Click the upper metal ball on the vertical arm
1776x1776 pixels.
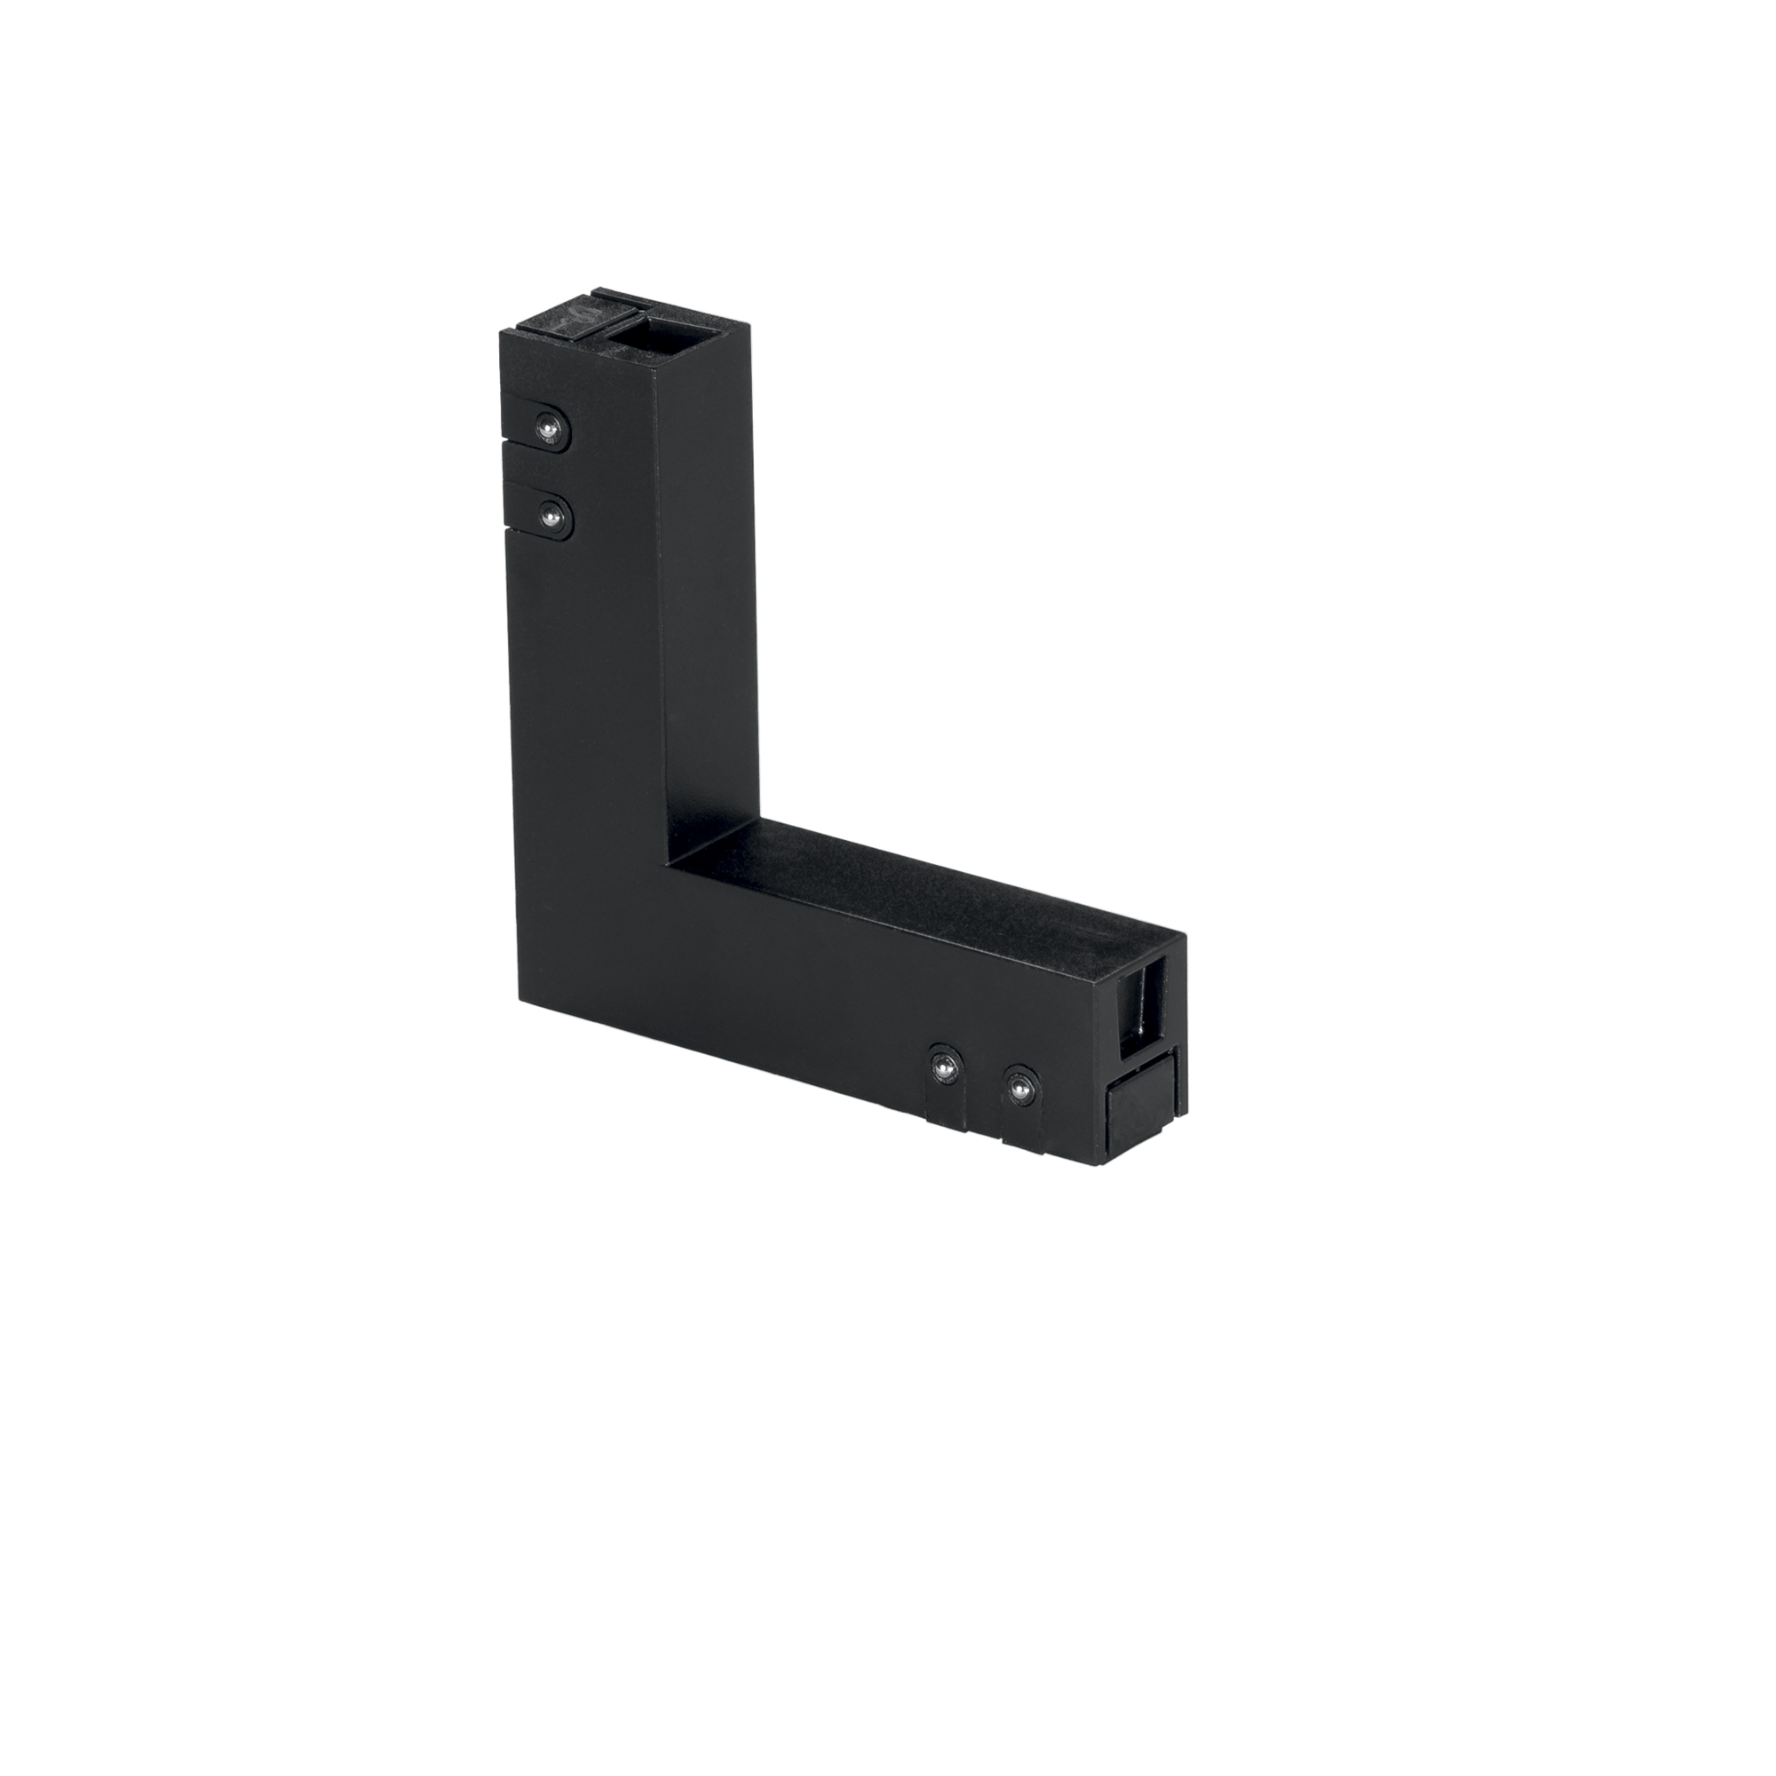tap(548, 427)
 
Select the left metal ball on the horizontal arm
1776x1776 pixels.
tap(944, 1068)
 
